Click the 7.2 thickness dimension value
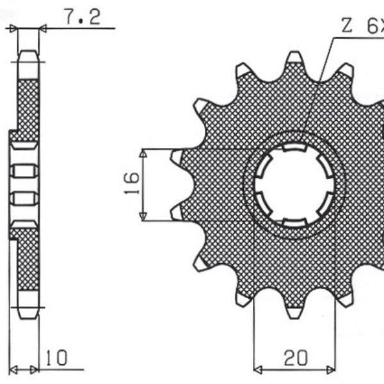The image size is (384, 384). [83, 18]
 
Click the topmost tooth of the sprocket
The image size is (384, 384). [294, 59]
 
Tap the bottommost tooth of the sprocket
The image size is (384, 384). [294, 312]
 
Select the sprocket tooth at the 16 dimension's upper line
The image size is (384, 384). [177, 154]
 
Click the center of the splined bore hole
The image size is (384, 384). [294, 186]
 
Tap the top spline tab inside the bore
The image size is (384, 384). [294, 151]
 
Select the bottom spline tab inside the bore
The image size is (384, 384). [294, 221]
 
